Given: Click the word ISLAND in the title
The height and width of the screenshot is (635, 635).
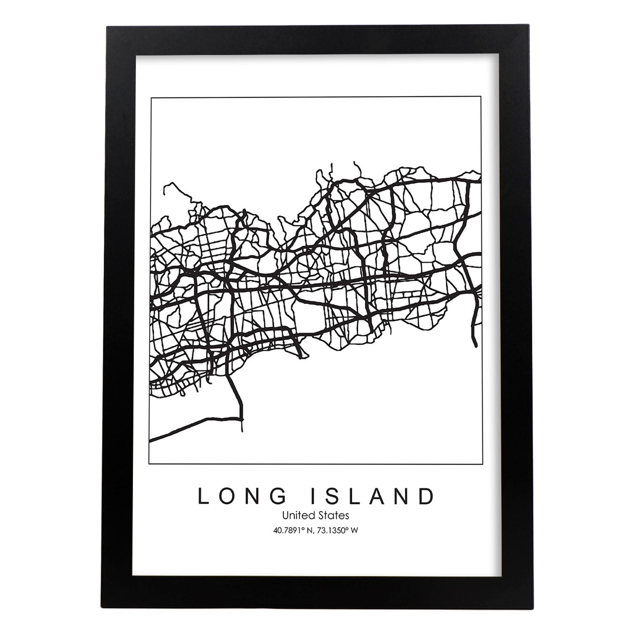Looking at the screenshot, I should (x=373, y=496).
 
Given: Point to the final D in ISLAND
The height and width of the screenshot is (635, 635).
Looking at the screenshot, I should (x=428, y=496).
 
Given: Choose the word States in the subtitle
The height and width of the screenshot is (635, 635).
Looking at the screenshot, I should (x=335, y=515).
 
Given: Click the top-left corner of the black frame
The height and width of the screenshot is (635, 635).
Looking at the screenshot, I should (x=107, y=27).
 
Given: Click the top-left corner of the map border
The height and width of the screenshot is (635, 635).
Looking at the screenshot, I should (x=151, y=98).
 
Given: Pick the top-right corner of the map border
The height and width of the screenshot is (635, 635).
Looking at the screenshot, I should (x=481, y=98).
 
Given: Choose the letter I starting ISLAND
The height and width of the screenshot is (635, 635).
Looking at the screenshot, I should (x=314, y=496).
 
